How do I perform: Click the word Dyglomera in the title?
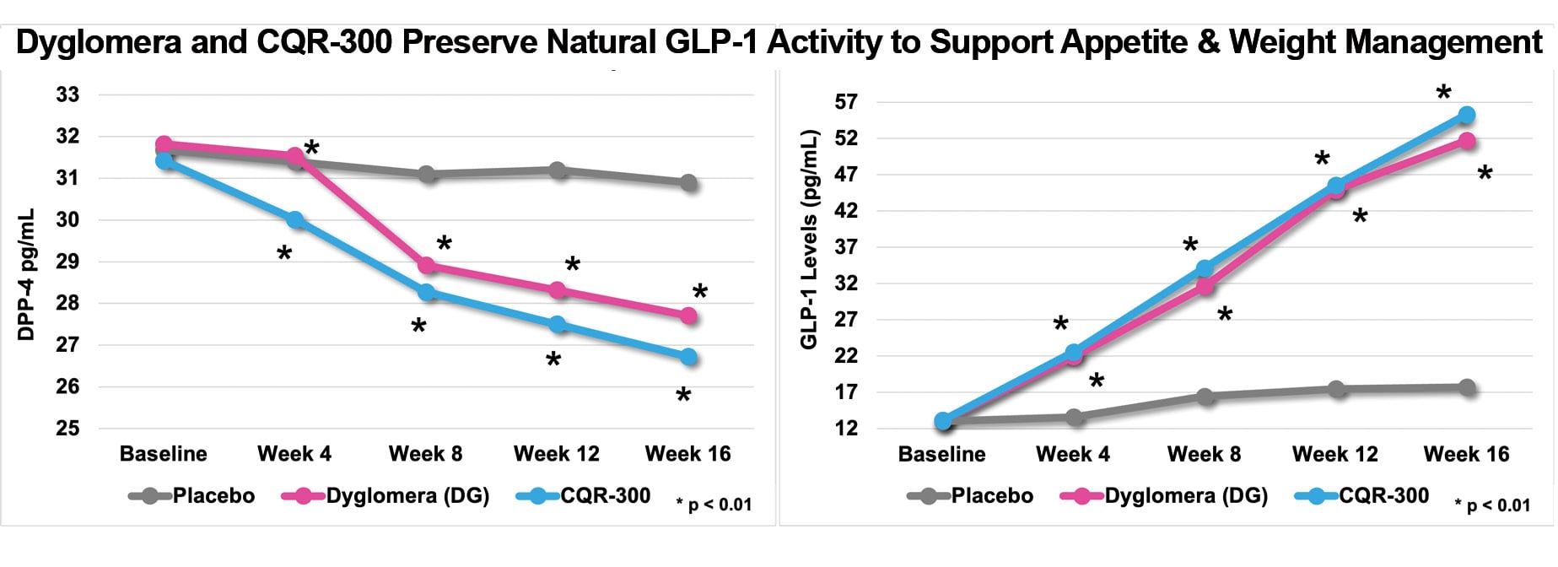(x=98, y=42)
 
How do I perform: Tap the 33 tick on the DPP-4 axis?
(x=67, y=94)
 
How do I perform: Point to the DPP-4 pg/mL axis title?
(x=26, y=274)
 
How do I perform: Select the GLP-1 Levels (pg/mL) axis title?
(x=809, y=240)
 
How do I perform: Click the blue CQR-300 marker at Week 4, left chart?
(x=295, y=220)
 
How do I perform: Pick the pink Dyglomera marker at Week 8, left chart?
(x=427, y=266)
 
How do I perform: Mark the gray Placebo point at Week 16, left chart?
(x=689, y=183)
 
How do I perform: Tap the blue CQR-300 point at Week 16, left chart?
(x=689, y=357)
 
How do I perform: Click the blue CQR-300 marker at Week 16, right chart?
(x=1467, y=115)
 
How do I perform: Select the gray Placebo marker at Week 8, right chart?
(x=1205, y=397)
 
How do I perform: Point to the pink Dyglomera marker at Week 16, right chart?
(x=1467, y=141)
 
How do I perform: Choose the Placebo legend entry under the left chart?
(x=213, y=496)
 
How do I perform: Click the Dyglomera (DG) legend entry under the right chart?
(x=1185, y=496)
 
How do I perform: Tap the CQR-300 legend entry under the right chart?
(x=1383, y=496)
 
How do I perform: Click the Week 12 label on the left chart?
(x=557, y=454)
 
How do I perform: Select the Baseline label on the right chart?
(x=941, y=455)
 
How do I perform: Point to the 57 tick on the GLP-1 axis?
(x=846, y=102)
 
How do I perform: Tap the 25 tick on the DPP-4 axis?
(x=67, y=429)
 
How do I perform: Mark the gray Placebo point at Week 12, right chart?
(x=1336, y=389)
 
